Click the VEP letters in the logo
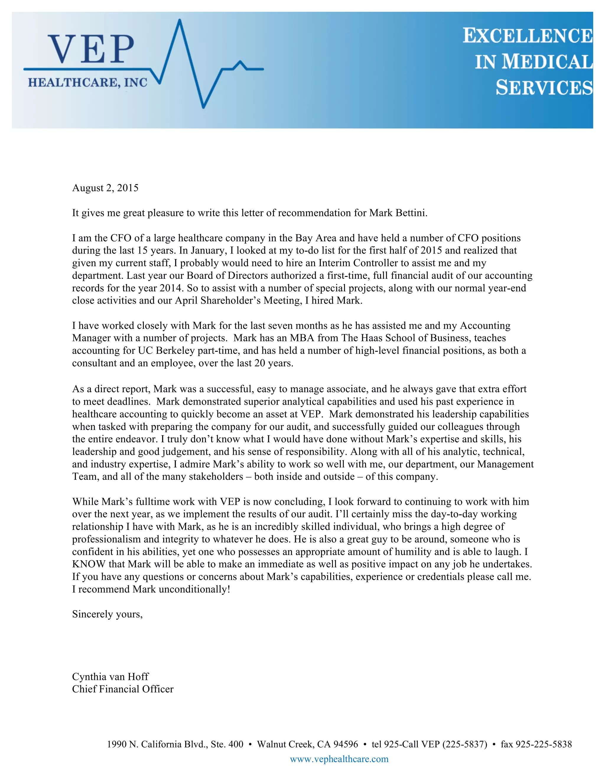click(91, 49)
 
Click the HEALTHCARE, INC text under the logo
click(87, 83)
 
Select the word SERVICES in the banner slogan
click(544, 88)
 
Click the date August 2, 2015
click(105, 188)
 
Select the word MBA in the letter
click(302, 338)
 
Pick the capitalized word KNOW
click(89, 564)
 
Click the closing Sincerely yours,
click(107, 614)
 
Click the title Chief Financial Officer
click(123, 689)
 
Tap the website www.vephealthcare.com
click(339, 759)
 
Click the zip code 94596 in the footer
click(346, 744)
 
